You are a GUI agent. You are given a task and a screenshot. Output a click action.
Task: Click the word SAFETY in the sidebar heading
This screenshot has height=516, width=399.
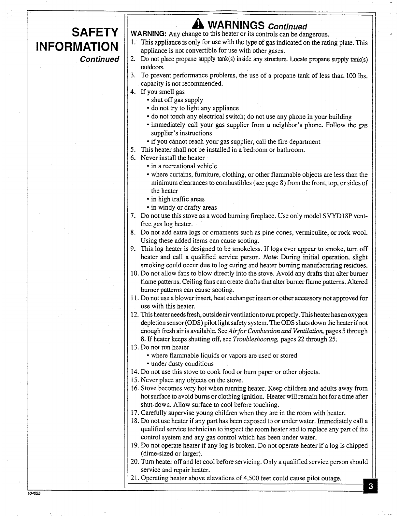pyautogui.click(x=95, y=33)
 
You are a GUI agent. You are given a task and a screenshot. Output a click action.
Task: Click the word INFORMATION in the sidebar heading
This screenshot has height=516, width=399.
pyautogui.click(x=77, y=46)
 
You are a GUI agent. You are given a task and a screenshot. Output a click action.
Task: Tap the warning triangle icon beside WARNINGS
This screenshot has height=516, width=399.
pyautogui.click(x=199, y=24)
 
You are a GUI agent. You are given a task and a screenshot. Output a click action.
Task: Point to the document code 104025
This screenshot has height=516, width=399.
pyautogui.click(x=34, y=493)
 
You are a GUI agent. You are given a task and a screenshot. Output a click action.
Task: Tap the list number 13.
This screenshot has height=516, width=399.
pyautogui.click(x=135, y=347)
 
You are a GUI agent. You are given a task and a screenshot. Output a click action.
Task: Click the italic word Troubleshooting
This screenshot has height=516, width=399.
pyautogui.click(x=255, y=339)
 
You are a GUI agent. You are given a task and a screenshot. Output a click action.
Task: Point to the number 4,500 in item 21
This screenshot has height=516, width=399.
pyautogui.click(x=253, y=478)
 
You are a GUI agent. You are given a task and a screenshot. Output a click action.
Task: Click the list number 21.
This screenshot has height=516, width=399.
pyautogui.click(x=135, y=478)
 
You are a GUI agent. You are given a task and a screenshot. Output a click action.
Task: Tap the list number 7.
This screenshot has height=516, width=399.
pyautogui.click(x=133, y=216)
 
